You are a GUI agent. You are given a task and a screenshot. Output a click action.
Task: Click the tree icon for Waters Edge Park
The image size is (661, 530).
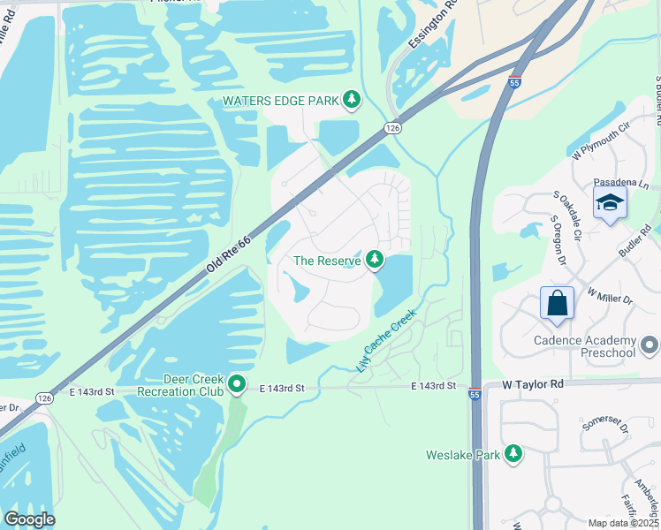point(353,100)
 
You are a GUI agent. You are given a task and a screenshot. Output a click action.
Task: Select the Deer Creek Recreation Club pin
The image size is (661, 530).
point(237,384)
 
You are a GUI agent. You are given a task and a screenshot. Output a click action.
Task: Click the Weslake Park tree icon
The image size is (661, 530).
point(513,454)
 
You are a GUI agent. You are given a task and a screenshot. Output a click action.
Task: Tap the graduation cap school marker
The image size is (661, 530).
point(610,203)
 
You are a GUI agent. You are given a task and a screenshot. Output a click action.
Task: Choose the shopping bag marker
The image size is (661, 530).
point(558,304)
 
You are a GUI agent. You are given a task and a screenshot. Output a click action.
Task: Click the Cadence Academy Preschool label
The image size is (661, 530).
point(585,347)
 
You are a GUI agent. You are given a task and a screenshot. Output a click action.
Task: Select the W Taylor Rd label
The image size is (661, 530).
point(532,385)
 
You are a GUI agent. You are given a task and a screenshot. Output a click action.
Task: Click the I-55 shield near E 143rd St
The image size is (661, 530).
point(475,395)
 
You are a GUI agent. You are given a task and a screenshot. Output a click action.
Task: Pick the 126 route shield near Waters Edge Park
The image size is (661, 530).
point(392,129)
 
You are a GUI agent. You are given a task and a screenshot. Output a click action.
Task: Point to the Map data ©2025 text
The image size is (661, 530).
point(624,523)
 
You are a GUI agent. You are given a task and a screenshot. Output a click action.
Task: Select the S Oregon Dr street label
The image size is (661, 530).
point(558,239)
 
